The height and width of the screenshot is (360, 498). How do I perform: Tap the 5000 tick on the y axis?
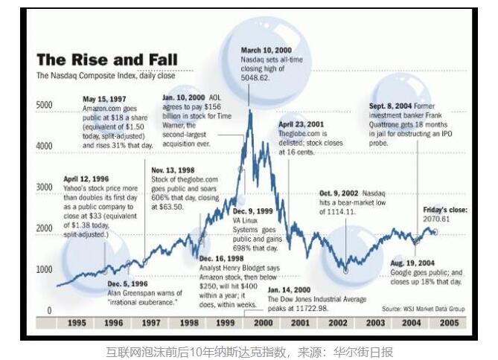45,105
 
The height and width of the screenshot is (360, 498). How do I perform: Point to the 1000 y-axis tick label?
45,269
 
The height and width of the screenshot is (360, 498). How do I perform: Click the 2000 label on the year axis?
261,324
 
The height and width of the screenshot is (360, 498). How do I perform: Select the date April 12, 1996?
88,179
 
